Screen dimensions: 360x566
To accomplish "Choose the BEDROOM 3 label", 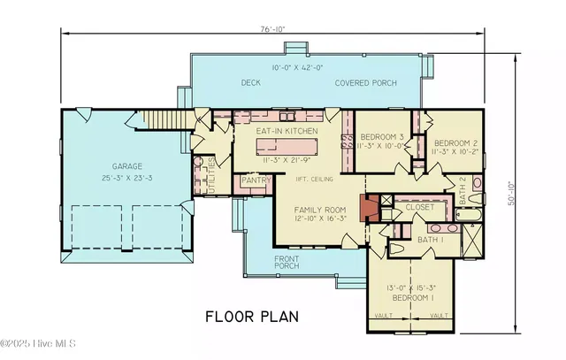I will pyautogui.click(x=382, y=136).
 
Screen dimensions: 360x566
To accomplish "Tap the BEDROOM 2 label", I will pyautogui.click(x=453, y=142).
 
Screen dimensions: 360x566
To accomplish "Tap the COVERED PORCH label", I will pyautogui.click(x=365, y=83).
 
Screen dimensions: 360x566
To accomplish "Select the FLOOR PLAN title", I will pyautogui.click(x=252, y=315).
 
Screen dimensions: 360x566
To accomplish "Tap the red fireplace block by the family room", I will pyautogui.click(x=373, y=209).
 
